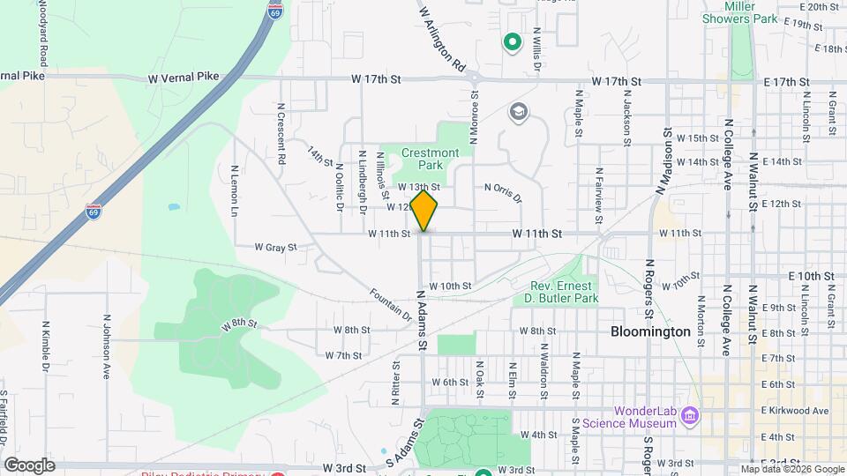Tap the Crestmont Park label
pos(430,159)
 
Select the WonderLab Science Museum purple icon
pos(691,414)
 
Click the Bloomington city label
pos(650,332)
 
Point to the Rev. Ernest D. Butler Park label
pos(565,292)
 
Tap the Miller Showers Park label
pos(739,12)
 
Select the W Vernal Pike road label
pos(184,78)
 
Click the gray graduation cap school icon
pos(519,112)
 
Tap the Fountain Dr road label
pos(391,303)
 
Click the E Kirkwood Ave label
pos(794,411)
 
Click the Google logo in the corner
pos(29,465)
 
